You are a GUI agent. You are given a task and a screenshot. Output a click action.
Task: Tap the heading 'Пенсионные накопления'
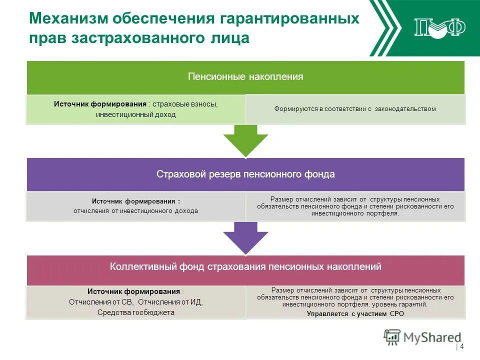pos(245,77)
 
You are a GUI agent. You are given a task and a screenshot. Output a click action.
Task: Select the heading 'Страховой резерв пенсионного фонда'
pos(245,174)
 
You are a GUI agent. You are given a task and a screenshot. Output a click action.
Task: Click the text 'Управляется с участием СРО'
pos(355,314)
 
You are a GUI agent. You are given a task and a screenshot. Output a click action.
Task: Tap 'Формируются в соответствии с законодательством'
pos(355,109)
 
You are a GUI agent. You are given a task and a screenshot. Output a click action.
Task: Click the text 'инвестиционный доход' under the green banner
pos(136,114)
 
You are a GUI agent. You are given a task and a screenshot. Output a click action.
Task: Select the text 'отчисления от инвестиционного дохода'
pos(136,211)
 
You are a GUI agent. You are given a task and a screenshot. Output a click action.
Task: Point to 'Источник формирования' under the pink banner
pos(133,291)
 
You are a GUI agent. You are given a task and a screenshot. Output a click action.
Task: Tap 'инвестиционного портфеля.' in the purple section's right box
pos(355,213)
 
